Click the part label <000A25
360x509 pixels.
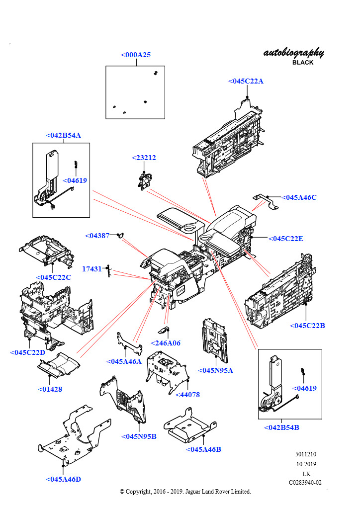pos(136,55)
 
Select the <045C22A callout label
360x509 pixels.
pos(246,81)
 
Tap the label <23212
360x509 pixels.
pos(144,158)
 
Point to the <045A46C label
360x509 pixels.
pos(299,197)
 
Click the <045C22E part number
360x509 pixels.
pos(285,239)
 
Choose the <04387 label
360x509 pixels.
pos(97,236)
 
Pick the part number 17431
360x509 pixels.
pos(92,269)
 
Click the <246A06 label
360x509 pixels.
pos(166,343)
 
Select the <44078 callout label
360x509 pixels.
pos(187,395)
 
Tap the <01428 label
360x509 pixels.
pos(50,389)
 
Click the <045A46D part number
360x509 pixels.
pos(63,479)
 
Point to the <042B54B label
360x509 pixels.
pos(281,427)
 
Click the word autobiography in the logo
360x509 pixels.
pos(294,53)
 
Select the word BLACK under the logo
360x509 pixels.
pos(303,63)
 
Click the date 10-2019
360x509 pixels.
pos(306,464)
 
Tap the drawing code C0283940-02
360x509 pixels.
pos(305,483)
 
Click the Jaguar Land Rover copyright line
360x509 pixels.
pos(185,492)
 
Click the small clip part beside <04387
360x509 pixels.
pos(120,235)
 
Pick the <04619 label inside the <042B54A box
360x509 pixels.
pos(75,180)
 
